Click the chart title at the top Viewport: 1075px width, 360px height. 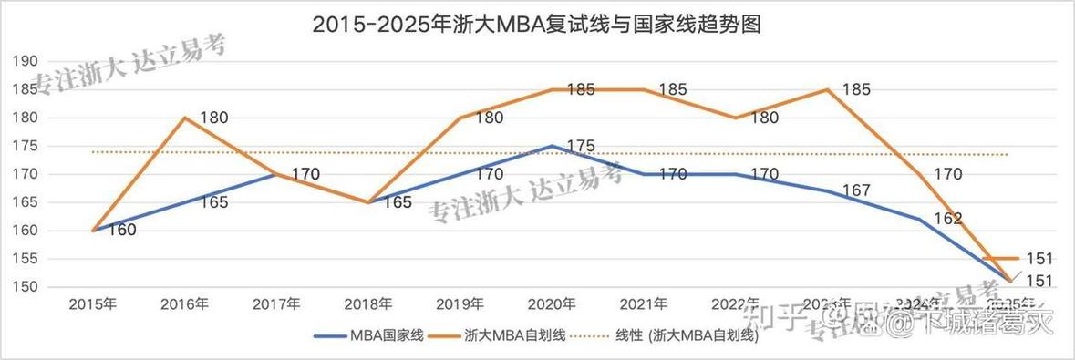536,25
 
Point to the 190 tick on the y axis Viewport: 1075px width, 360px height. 24,61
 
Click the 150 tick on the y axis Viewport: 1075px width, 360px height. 24,287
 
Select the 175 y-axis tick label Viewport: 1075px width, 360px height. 24,146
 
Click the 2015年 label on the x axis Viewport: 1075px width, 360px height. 93,303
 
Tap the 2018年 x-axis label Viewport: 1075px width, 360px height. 368,303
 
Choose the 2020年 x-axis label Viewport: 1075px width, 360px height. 552,303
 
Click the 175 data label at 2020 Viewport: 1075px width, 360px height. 580,146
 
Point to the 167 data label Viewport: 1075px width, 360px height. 854,190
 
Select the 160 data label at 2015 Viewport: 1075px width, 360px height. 121,231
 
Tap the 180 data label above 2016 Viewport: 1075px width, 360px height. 213,118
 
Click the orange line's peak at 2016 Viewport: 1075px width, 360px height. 185,118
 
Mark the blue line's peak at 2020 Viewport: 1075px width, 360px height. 552,146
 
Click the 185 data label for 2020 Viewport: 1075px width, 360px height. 580,89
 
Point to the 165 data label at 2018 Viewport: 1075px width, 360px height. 397,202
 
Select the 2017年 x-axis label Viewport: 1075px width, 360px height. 276,303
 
